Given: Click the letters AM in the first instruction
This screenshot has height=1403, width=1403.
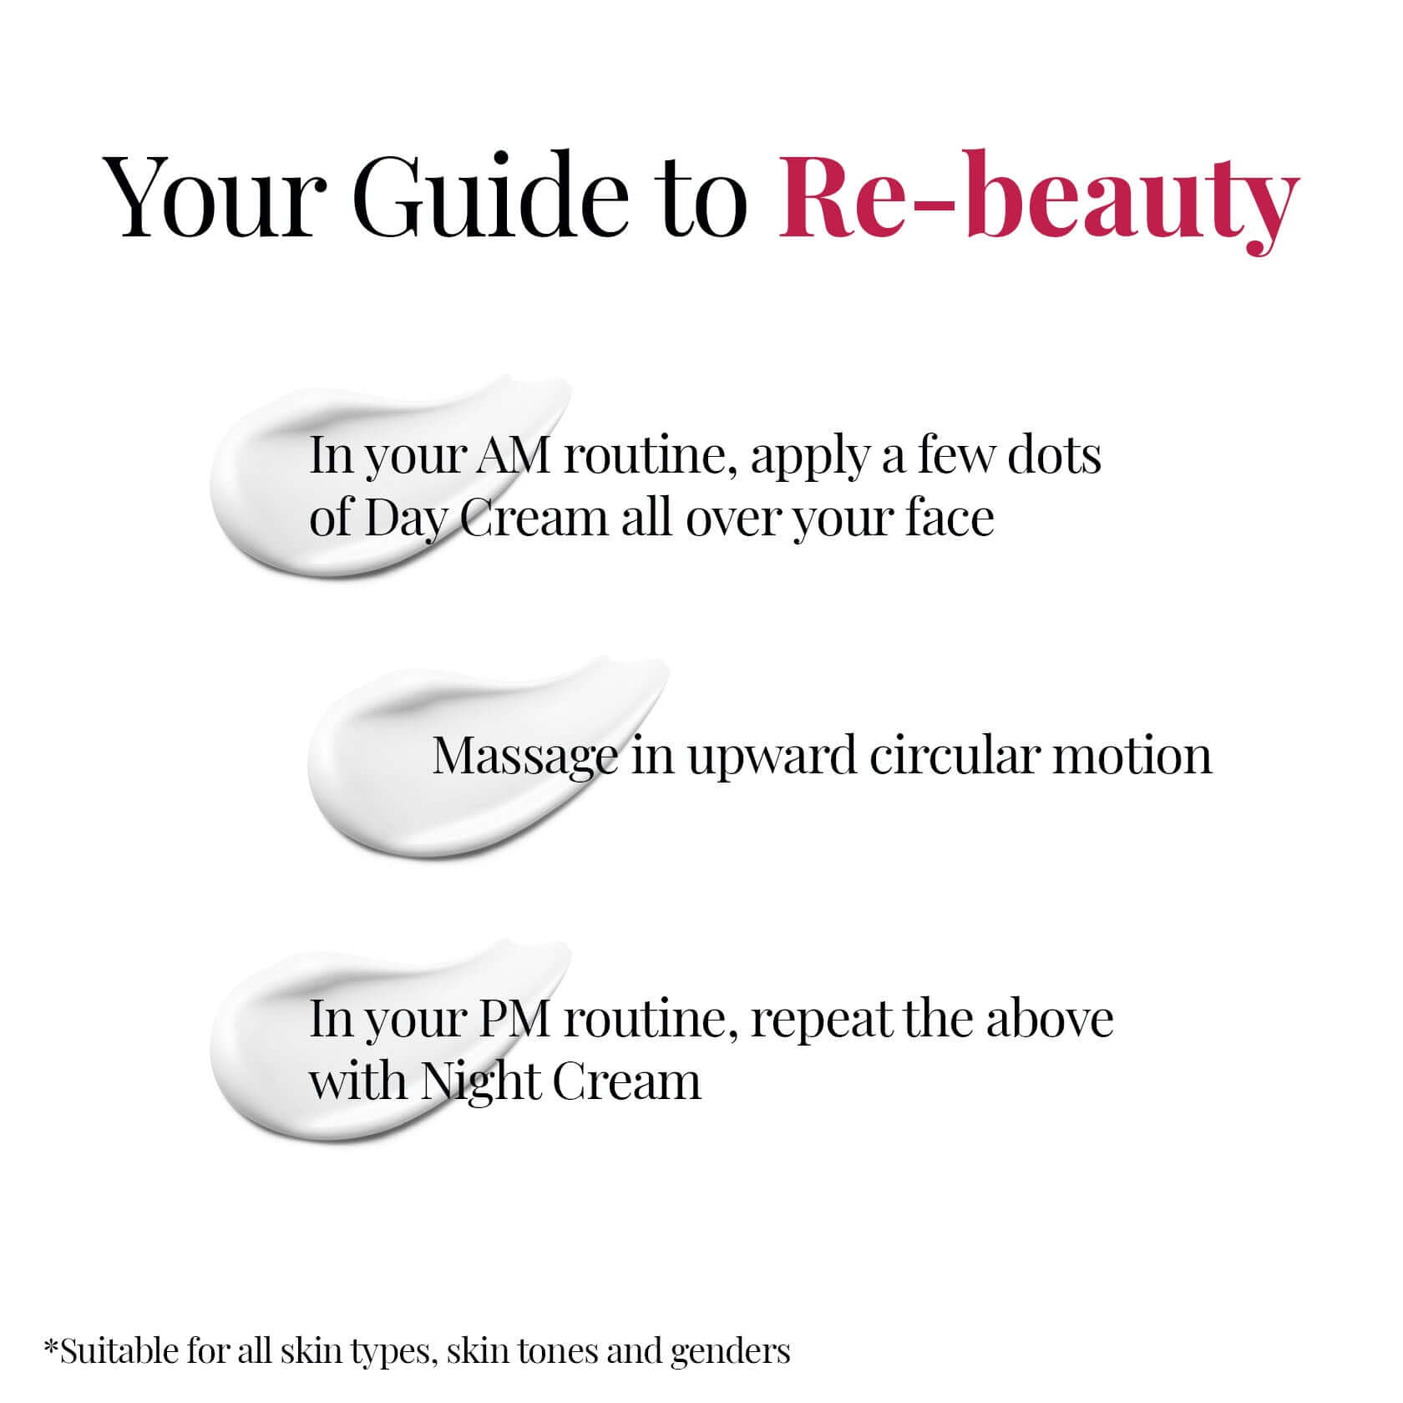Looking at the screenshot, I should [510, 456].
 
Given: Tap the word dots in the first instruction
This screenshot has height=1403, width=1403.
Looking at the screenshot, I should [1054, 456].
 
